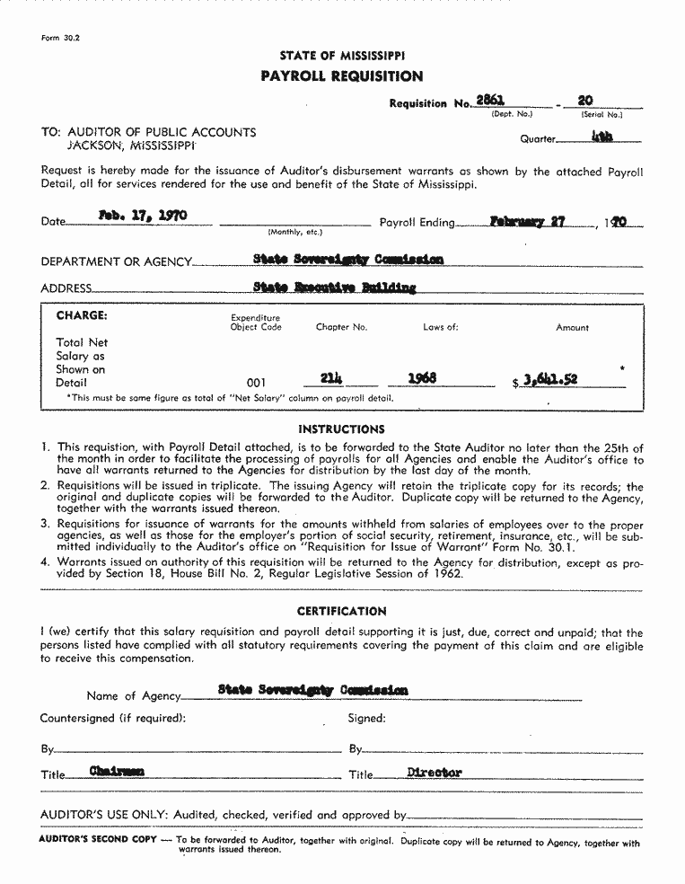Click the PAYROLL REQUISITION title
click(341, 76)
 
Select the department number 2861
click(489, 102)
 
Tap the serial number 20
click(586, 102)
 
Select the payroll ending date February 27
click(527, 221)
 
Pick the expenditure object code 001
click(256, 383)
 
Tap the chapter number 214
click(332, 378)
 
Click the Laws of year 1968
click(422, 379)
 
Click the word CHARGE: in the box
click(82, 316)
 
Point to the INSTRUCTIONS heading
click(341, 429)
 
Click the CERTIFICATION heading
click(341, 612)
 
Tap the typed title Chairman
click(117, 771)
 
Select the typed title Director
click(434, 773)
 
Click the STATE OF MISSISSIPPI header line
click(341, 56)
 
